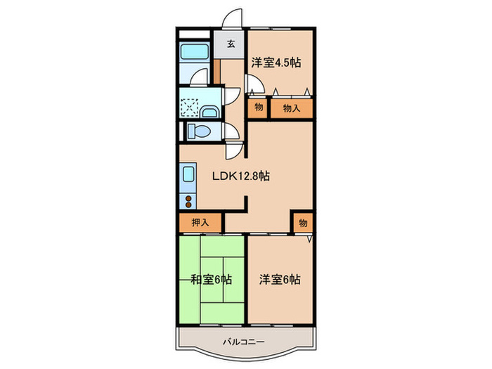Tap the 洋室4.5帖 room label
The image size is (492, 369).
276,62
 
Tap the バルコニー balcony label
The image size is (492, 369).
244,342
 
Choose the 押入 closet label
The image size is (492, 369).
200,222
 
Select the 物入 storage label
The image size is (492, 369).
291,108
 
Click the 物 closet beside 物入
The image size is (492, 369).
257,108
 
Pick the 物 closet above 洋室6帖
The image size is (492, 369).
302,222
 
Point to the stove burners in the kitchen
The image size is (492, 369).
189,202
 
